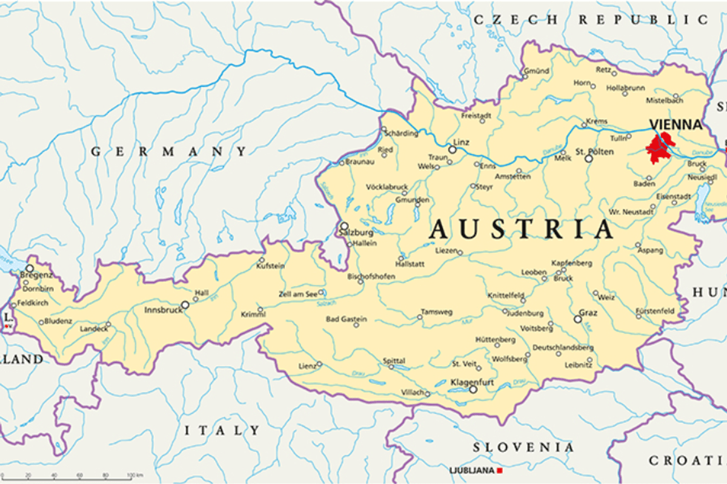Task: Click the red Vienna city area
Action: click(x=659, y=148)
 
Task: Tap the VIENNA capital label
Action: click(x=676, y=125)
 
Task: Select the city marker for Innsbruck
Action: click(x=185, y=306)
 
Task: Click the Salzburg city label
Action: click(x=356, y=232)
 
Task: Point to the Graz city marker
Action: click(x=577, y=319)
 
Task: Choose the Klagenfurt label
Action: click(x=473, y=382)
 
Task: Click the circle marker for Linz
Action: click(x=452, y=149)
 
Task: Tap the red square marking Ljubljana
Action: click(x=500, y=471)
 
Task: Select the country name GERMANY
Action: click(x=169, y=151)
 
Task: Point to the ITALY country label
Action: click(x=222, y=431)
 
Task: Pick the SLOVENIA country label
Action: click(x=523, y=448)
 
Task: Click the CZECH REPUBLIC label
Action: click(x=591, y=20)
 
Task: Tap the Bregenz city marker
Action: click(x=29, y=267)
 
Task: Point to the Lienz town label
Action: click(x=307, y=366)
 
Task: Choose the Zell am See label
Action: click(x=297, y=293)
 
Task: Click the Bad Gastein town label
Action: click(x=346, y=319)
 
